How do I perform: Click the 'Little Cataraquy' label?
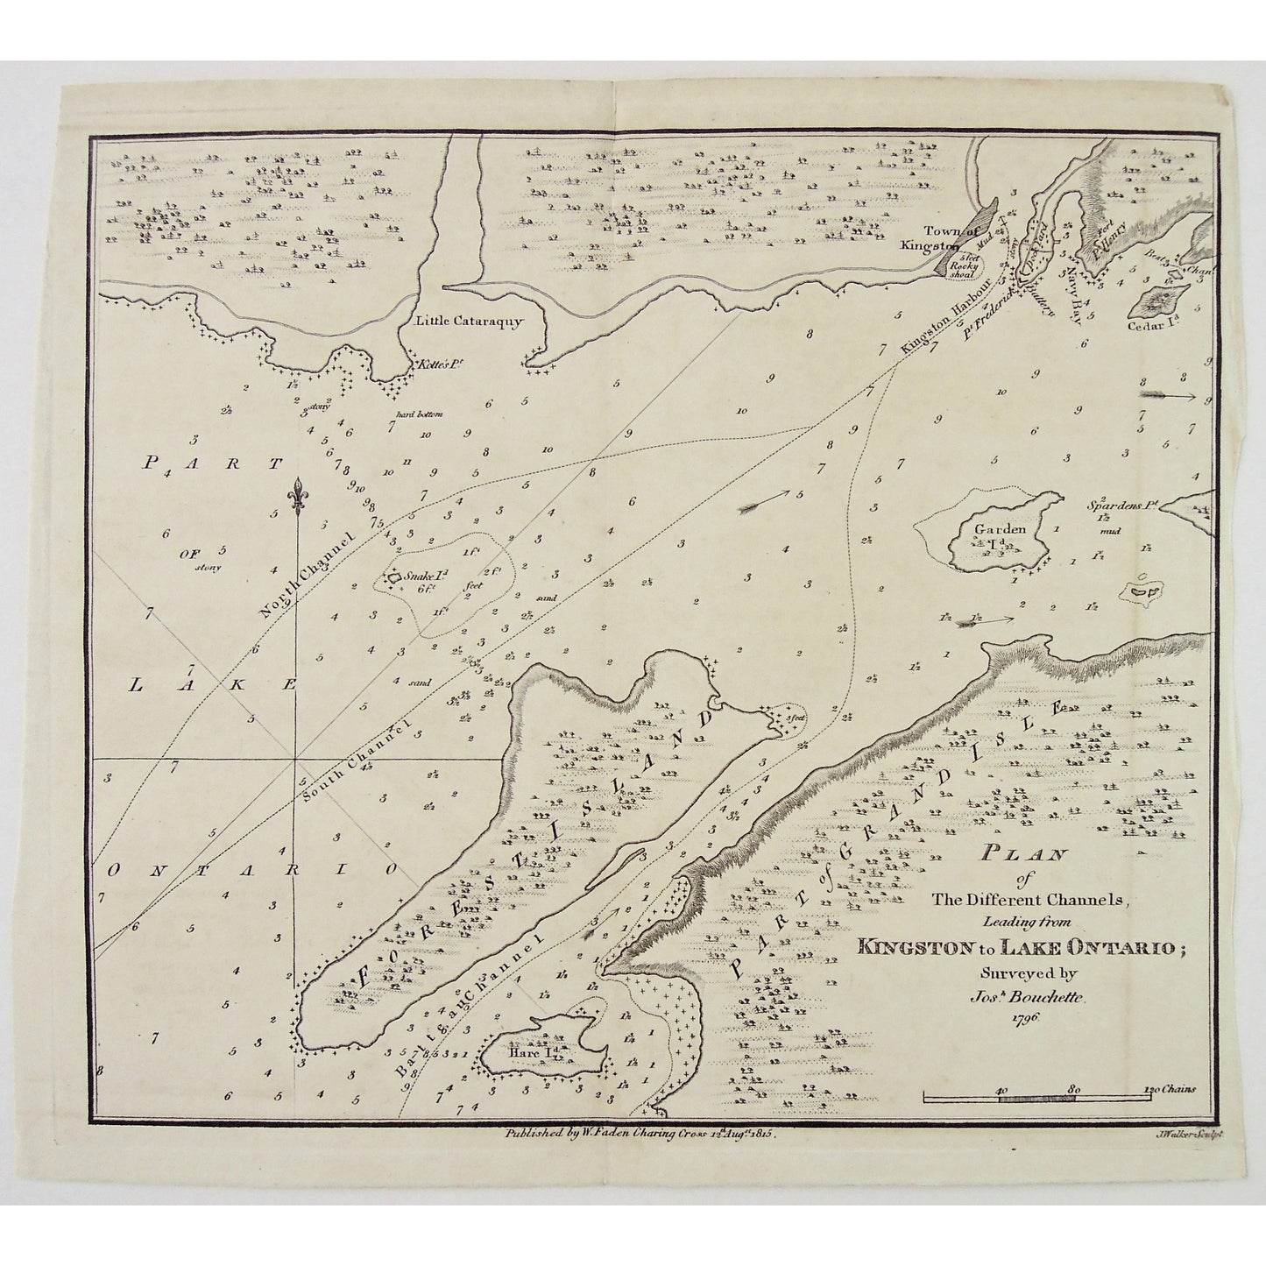point(469,322)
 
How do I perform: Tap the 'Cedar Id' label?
point(1163,322)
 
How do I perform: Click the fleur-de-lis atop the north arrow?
point(300,494)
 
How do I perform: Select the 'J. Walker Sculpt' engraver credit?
point(1184,1133)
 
